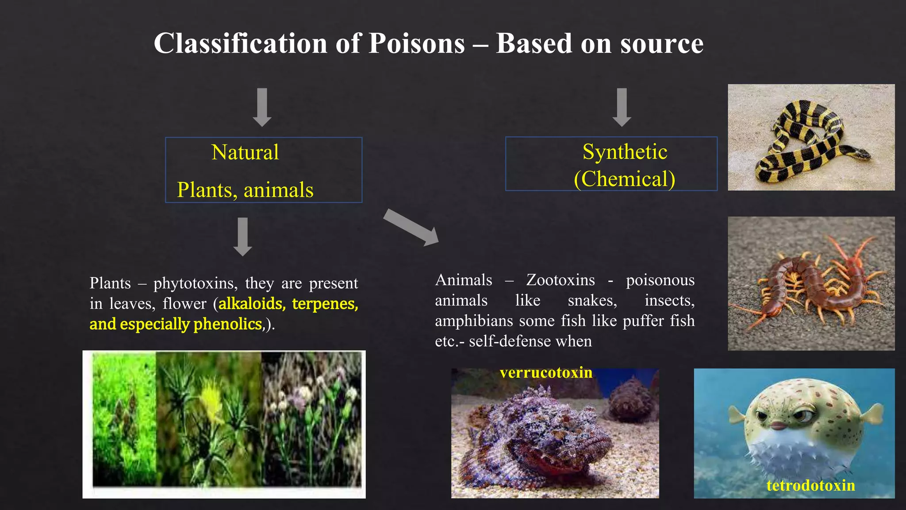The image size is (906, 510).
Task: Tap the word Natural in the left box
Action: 245,152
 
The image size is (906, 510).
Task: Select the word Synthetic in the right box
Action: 624,152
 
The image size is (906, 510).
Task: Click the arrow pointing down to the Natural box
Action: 262,107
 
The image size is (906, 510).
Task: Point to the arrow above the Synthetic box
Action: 622,107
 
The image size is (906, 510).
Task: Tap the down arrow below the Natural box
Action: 242,236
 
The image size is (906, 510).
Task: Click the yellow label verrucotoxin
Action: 546,372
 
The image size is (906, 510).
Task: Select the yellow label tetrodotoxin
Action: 810,485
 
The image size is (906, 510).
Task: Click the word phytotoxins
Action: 193,283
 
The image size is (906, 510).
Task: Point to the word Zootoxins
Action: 560,280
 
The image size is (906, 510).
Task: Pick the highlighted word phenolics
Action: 228,324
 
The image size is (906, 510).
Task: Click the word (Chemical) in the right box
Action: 624,179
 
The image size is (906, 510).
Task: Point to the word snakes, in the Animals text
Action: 592,301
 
